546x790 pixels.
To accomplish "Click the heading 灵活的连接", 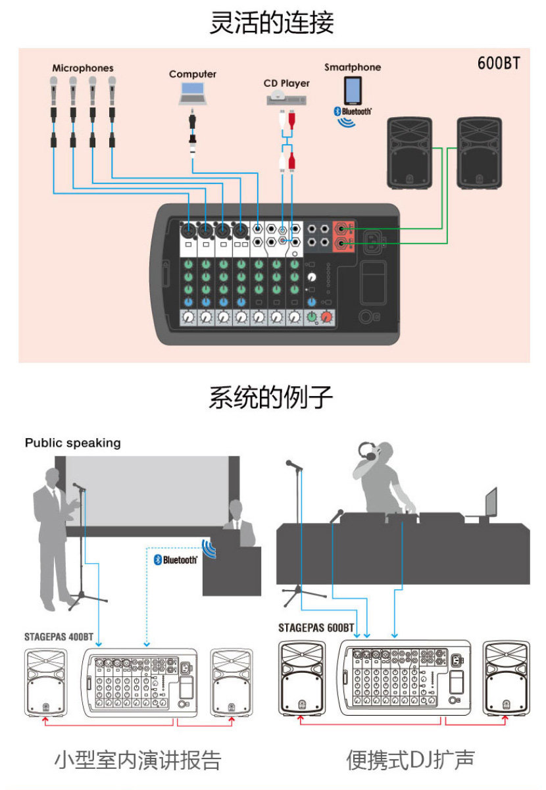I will coord(272,22).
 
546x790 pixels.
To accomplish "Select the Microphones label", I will coord(83,68).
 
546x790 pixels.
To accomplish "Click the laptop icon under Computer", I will coord(192,93).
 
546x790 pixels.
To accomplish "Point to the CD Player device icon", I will coord(286,99).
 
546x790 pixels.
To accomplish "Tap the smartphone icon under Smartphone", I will coord(353,91).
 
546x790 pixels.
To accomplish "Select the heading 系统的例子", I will coord(272,398).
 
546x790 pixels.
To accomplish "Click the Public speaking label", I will coord(73,443).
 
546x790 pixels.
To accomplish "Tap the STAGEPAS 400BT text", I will coord(59,637).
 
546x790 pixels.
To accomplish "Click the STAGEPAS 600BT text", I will coord(316,628).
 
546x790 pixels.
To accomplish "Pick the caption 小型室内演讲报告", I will coord(137,760).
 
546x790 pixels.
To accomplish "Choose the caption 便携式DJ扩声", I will coord(410,760).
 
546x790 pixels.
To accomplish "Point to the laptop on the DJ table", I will coord(491,503).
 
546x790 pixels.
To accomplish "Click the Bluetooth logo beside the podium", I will coord(175,560).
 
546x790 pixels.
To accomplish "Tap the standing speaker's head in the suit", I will coord(51,476).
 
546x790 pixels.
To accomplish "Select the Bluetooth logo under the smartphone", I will coord(352,112).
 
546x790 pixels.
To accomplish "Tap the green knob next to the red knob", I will coord(311,318).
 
